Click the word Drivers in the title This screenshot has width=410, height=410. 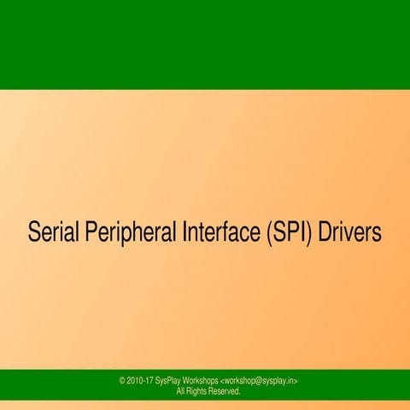pyautogui.click(x=349, y=232)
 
